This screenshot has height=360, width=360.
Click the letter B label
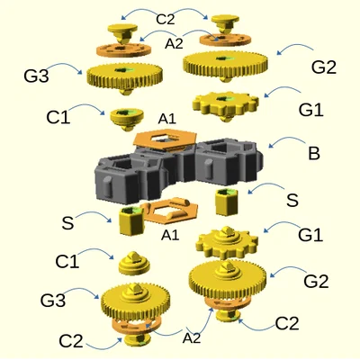pos(314,153)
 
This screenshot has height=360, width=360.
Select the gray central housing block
pos(179,172)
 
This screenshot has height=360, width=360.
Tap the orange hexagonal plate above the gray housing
pos(165,139)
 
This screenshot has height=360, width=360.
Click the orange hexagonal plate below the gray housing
pos(170,211)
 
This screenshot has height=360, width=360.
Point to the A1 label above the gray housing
pos(167,119)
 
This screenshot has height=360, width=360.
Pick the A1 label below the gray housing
pos(170,235)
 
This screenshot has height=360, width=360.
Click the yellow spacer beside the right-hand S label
pos(227,202)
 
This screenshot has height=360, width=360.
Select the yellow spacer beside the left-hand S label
pos(131,221)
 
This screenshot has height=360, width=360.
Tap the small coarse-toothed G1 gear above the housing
pos(226,105)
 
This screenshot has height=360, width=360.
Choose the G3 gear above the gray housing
pos(125,77)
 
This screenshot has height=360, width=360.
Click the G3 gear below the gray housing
pos(135,301)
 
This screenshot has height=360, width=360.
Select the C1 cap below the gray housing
pos(134,264)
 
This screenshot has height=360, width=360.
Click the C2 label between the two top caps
pos(166,20)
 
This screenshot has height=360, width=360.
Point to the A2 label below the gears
pos(192,338)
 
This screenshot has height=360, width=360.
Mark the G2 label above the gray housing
pos(324,67)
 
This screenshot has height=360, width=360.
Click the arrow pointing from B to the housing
pos(287,141)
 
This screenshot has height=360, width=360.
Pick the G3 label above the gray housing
pos(36,76)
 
